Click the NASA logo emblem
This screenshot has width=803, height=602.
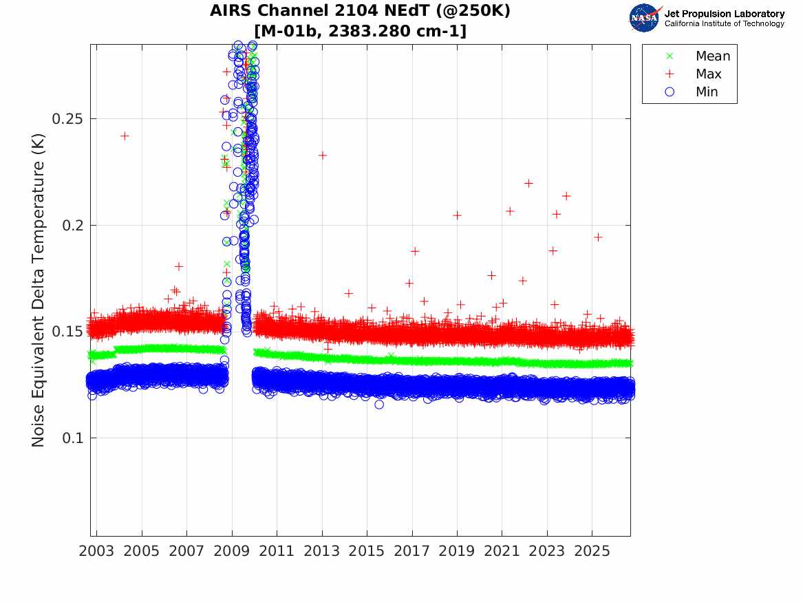click(645, 18)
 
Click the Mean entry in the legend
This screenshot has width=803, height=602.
click(699, 56)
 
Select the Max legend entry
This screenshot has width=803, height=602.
click(694, 74)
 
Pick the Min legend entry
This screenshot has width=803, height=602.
click(692, 92)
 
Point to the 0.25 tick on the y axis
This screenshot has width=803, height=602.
click(67, 119)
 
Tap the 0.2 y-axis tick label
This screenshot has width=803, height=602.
click(72, 225)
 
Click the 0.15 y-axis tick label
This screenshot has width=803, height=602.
click(67, 332)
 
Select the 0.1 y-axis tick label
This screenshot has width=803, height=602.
click(72, 438)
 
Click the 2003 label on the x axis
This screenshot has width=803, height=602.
click(96, 551)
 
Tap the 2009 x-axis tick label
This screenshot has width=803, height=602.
click(231, 551)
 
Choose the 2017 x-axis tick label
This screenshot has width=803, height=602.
click(411, 551)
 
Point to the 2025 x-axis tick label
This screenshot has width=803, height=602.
click(592, 551)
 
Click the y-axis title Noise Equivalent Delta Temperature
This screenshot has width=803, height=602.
click(39, 290)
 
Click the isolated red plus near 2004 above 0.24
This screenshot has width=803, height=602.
click(125, 136)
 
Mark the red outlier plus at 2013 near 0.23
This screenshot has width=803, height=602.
click(322, 155)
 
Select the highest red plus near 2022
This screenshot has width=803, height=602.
click(528, 183)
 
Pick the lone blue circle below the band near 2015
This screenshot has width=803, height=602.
click(379, 405)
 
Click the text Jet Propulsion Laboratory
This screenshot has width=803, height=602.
click(725, 14)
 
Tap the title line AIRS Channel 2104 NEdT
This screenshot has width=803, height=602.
click(361, 10)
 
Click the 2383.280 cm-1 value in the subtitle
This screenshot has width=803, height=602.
click(398, 31)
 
